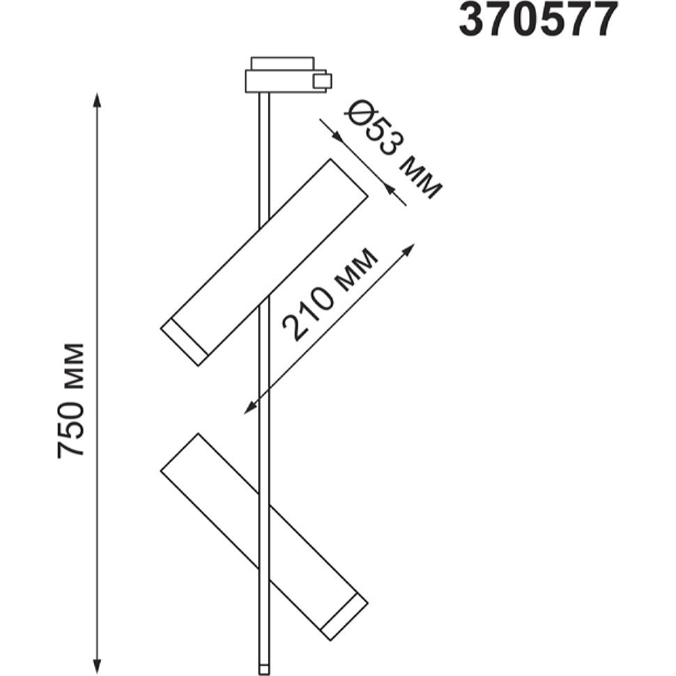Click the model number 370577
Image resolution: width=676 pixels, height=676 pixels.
537,20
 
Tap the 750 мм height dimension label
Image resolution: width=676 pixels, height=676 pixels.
71,400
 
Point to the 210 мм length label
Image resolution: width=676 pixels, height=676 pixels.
330,294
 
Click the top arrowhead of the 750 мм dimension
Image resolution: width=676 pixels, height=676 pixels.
98,100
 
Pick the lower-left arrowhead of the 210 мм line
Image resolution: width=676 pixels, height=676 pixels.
250,408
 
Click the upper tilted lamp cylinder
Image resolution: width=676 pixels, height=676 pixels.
264,262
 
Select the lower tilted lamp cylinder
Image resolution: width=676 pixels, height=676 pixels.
264,537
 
